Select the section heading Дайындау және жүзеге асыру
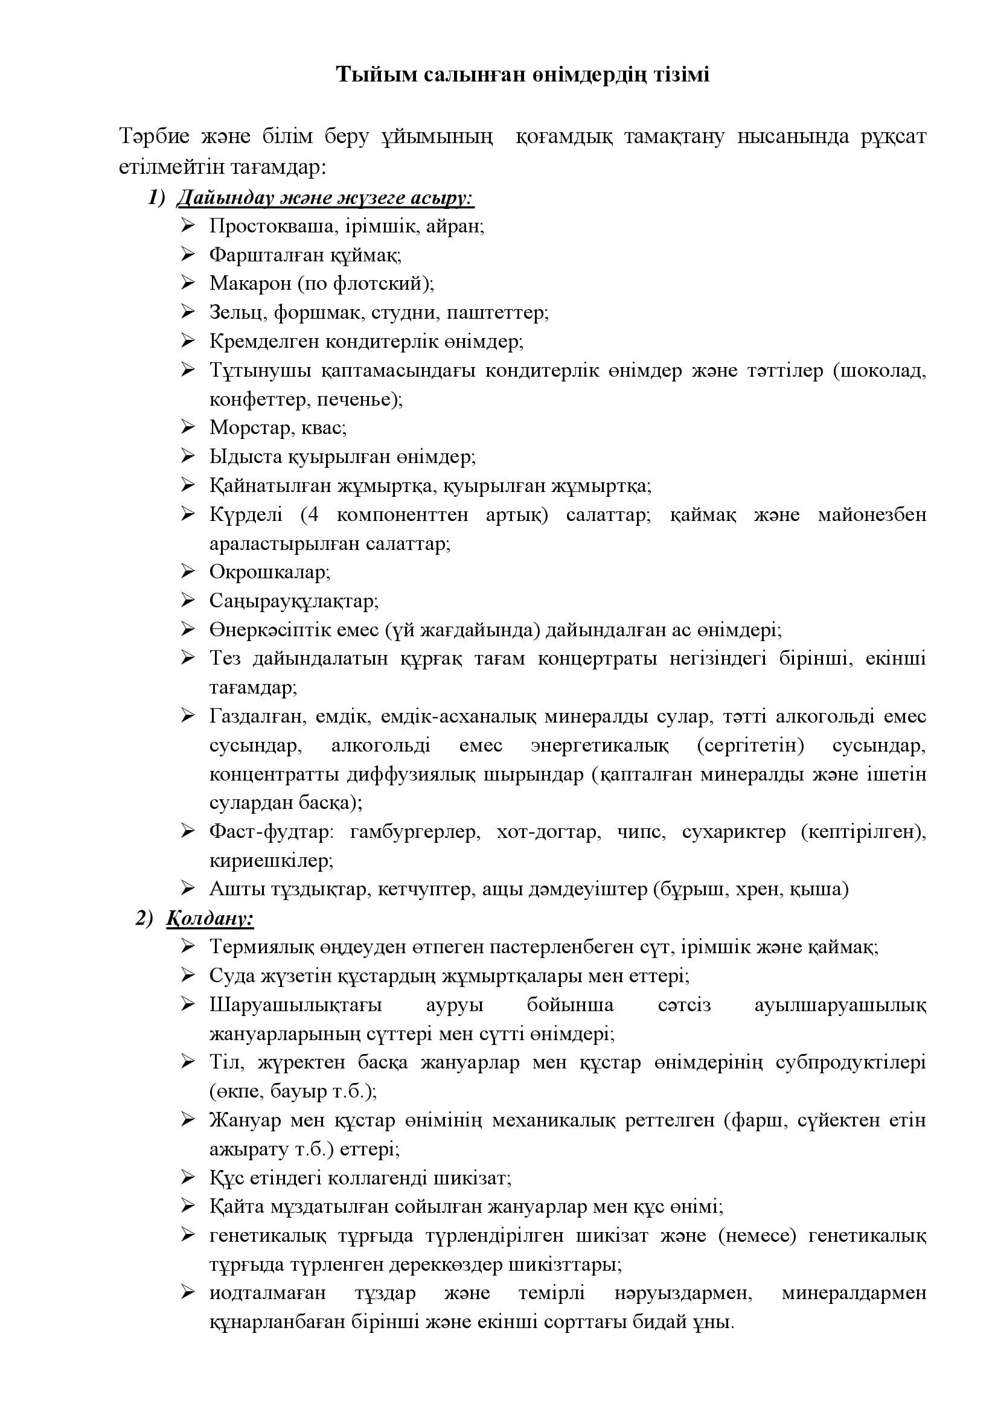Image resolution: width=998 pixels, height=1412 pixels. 325,198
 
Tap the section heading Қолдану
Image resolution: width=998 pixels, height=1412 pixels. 210,918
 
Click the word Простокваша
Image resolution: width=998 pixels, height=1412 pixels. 272,226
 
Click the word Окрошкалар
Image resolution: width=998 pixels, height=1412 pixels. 269,572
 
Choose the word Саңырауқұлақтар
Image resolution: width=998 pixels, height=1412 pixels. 294,600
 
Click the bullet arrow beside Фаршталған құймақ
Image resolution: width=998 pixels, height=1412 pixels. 188,254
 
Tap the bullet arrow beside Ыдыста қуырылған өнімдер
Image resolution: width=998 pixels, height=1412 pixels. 188,456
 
